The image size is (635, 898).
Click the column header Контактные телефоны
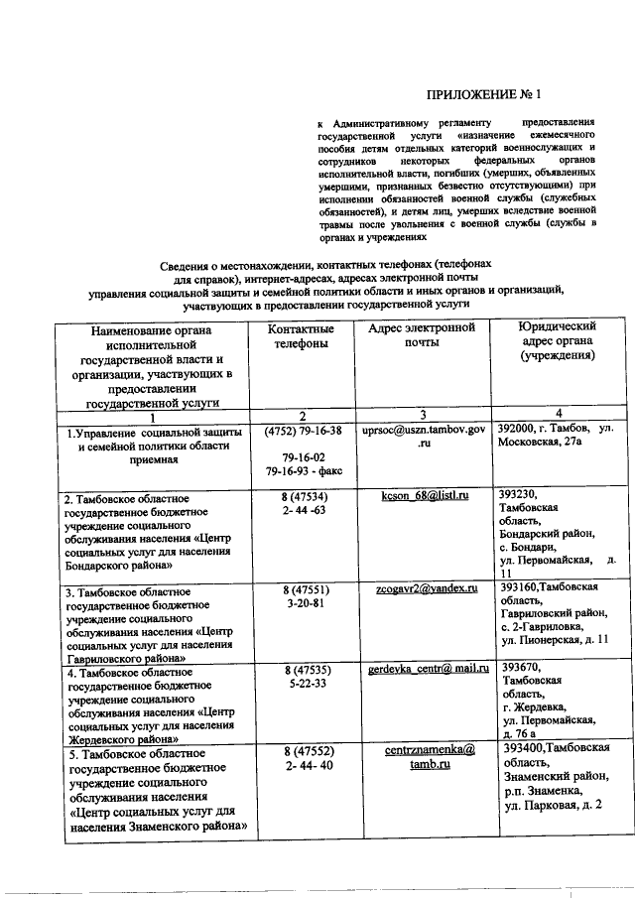(299, 336)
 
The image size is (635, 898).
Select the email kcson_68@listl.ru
(424, 494)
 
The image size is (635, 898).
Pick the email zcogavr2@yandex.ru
(424, 588)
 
